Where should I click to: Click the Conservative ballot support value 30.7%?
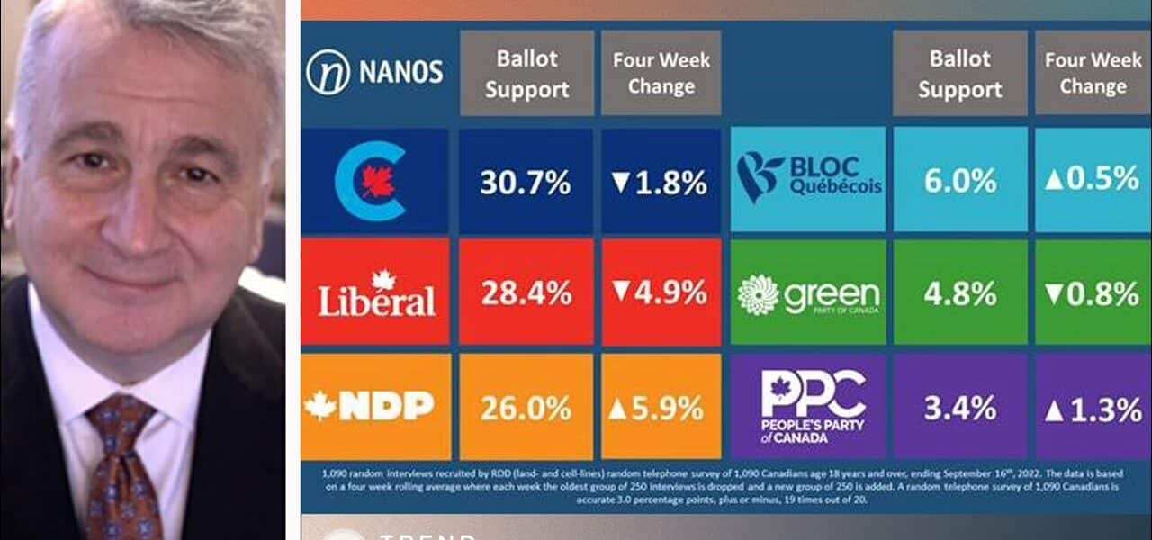pos(526,183)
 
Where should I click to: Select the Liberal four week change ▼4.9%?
pos(661,292)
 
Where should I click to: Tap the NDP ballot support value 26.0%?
pos(526,408)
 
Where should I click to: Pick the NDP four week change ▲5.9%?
pos(661,408)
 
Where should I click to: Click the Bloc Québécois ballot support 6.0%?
pos(959,179)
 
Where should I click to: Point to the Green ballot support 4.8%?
pos(959,293)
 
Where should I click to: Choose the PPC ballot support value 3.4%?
pos(959,409)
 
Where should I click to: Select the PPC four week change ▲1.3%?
pos(1093,409)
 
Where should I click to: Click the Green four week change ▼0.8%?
pos(1093,293)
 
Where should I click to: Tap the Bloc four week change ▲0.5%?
pos(1093,179)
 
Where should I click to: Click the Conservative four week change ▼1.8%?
pos(661,183)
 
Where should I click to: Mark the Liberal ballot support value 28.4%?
pos(526,292)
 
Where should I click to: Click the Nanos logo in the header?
pos(374,72)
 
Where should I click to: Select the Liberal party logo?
pos(376,293)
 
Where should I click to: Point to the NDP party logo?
pos(370,406)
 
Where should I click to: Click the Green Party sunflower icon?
pos(758,294)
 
